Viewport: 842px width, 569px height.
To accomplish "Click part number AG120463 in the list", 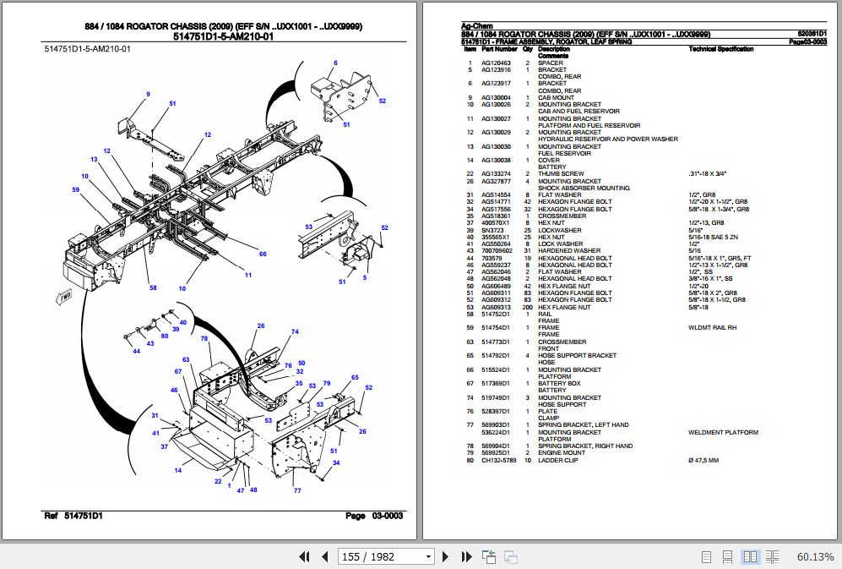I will (x=496, y=63).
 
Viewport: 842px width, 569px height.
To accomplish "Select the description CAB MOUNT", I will (x=555, y=98).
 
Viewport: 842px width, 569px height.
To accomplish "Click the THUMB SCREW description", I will (x=561, y=174).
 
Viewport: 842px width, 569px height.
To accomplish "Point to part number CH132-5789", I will (x=498, y=460).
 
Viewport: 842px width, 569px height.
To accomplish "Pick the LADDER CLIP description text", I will (x=558, y=460).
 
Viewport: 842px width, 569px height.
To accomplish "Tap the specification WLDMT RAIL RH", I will (x=712, y=328).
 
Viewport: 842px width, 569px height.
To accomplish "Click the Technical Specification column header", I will (x=720, y=50).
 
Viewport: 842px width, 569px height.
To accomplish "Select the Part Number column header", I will (x=498, y=50).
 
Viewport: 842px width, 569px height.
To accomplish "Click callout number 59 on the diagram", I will (x=76, y=189).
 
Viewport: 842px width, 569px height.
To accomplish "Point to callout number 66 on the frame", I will (x=263, y=254).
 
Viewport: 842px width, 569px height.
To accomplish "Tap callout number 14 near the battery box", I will (x=178, y=470).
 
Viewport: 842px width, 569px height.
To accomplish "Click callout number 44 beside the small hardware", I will (x=136, y=351).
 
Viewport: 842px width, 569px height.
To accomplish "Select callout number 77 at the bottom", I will (x=296, y=490).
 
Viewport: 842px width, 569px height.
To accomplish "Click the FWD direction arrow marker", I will (x=62, y=297).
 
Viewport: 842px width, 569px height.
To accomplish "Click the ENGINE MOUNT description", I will (x=562, y=453).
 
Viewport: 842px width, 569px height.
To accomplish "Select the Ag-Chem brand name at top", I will (x=477, y=27).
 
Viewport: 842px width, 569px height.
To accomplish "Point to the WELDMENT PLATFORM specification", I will (x=723, y=432).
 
